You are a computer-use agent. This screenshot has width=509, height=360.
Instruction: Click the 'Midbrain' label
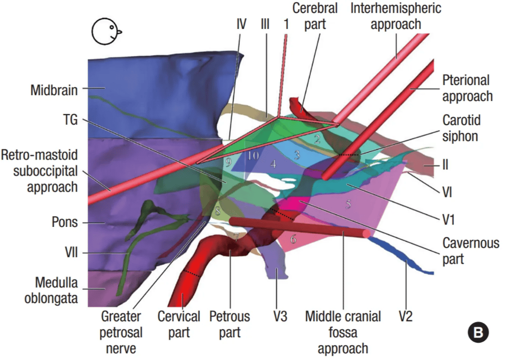[54, 90]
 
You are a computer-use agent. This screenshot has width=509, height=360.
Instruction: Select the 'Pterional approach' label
[467, 88]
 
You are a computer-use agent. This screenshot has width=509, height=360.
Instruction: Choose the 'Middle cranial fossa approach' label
[343, 332]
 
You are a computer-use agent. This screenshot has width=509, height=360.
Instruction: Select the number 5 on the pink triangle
[348, 203]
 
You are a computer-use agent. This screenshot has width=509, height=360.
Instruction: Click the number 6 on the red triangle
[293, 239]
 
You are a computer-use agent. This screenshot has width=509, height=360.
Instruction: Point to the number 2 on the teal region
[317, 138]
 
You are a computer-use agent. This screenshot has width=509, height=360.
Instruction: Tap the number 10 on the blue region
[253, 156]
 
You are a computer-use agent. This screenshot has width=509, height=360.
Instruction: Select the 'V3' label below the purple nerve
[280, 316]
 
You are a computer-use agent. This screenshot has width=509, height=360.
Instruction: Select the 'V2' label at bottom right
[405, 316]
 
